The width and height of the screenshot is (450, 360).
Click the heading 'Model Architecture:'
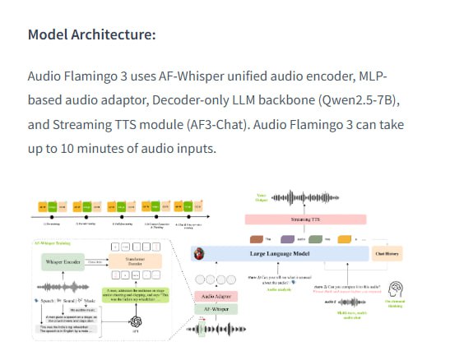pyautogui.click(x=91, y=35)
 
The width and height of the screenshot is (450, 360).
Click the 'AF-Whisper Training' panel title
pyautogui.click(x=53, y=243)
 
